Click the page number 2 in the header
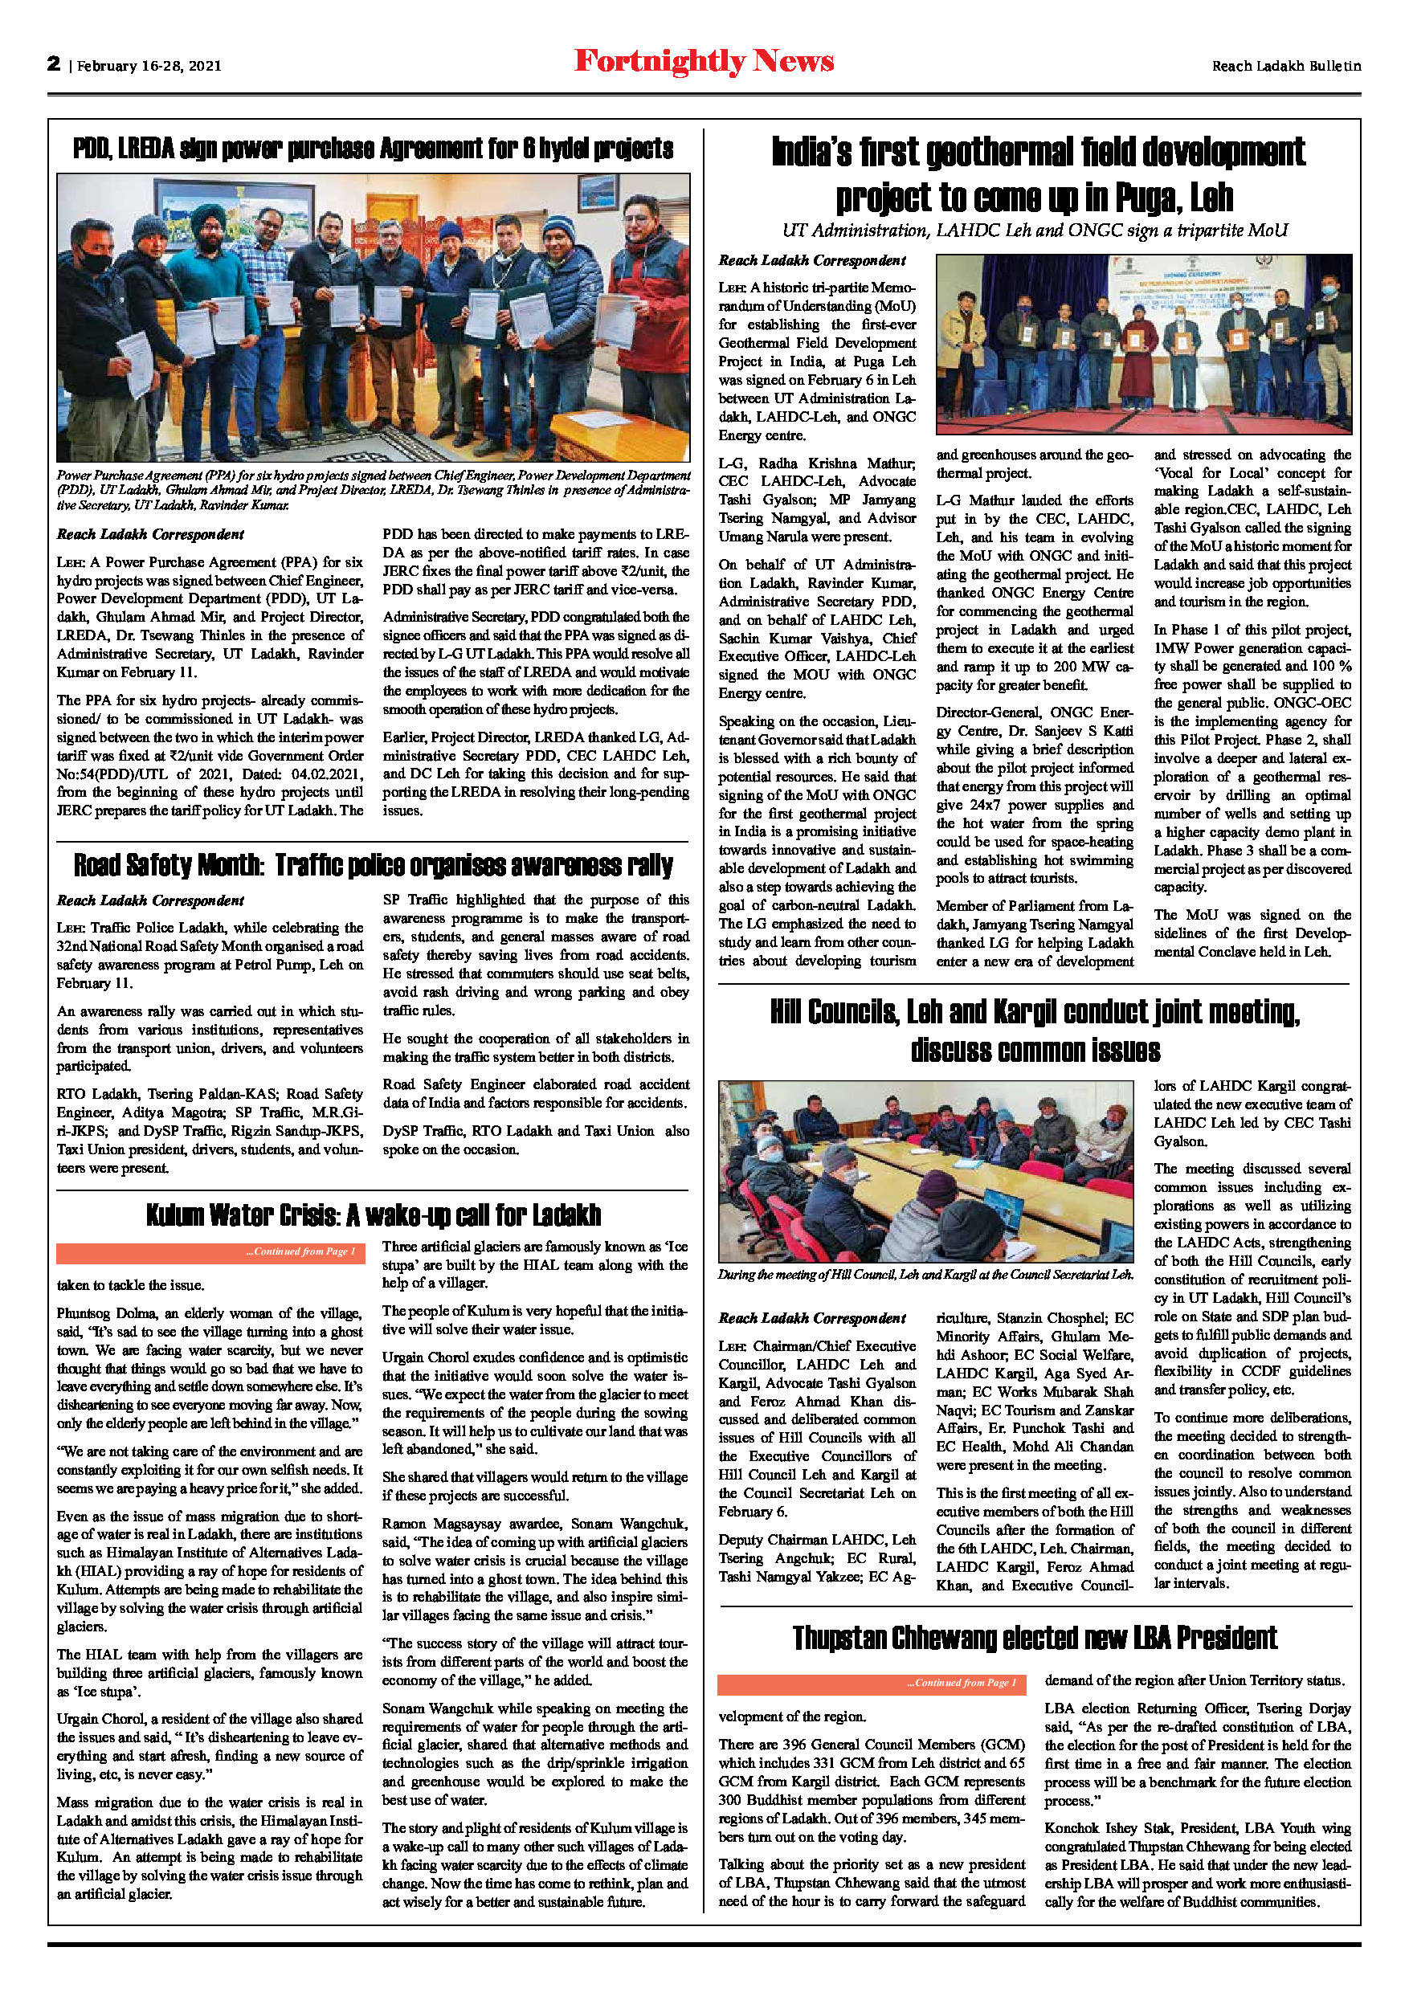click(54, 63)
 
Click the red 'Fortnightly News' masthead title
click(704, 62)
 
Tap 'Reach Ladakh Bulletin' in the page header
click(1286, 66)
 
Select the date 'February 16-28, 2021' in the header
click(149, 66)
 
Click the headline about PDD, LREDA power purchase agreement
click(373, 149)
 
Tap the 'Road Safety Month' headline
click(373, 865)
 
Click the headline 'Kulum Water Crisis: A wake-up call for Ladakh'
click(373, 1214)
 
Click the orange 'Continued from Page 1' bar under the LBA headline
click(871, 1683)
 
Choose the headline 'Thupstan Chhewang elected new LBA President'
click(1034, 1638)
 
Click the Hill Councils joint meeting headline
click(1034, 1031)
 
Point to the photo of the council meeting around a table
click(925, 1170)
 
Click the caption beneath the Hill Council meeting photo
click(925, 1275)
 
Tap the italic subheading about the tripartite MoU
click(1034, 231)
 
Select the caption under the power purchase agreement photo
click(373, 489)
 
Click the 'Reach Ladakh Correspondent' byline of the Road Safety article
click(150, 900)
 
